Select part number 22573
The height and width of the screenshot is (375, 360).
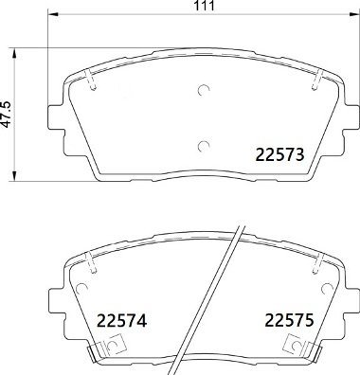(279, 154)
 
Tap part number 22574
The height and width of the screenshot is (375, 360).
(120, 321)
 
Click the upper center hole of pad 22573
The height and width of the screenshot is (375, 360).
(202, 92)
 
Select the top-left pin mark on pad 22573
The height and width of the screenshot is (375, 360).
(91, 83)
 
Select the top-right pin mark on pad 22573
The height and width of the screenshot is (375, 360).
(314, 83)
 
